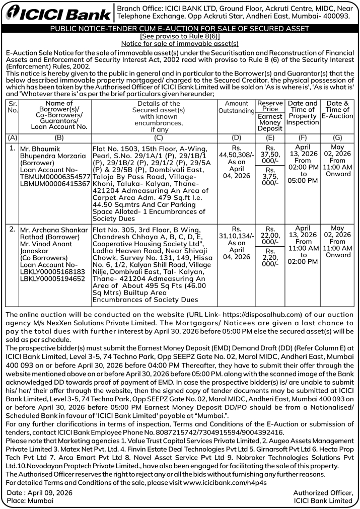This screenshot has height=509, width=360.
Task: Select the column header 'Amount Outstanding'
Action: click(237, 107)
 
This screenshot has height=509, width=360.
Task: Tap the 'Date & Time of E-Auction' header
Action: click(337, 110)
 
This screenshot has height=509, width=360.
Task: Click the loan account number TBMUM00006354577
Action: click(54, 177)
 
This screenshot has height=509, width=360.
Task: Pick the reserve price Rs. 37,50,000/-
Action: click(270, 155)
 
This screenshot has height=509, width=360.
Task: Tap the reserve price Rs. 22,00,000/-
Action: click(270, 235)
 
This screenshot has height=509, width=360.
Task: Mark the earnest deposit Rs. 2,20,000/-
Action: click(270, 257)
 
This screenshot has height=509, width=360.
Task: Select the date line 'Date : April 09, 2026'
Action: click(39, 492)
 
